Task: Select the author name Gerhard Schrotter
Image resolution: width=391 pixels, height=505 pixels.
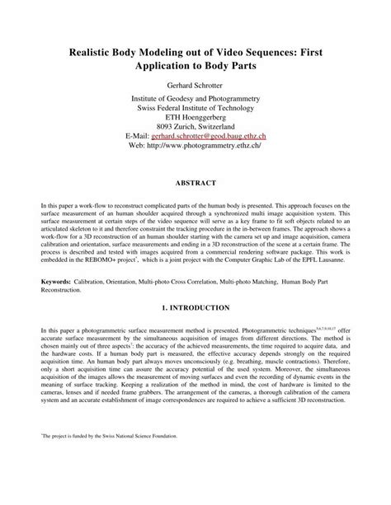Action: coord(195,85)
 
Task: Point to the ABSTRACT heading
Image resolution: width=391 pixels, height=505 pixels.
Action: coord(195,182)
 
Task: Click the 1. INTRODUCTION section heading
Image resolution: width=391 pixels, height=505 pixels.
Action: coord(195,306)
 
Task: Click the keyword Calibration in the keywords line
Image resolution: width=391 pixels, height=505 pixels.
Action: coord(88,281)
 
